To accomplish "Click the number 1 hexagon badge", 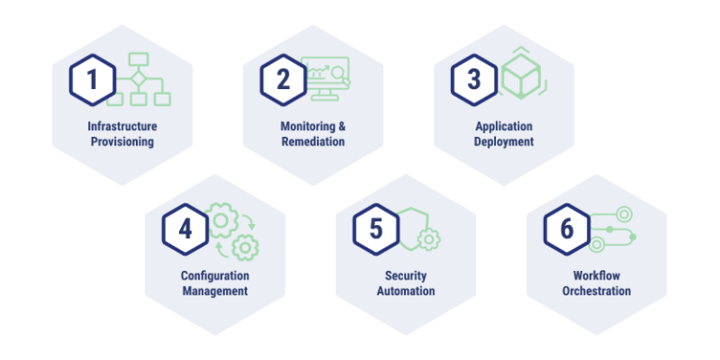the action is click(x=92, y=80).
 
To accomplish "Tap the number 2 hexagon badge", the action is click(x=282, y=80).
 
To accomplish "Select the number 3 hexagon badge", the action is click(x=473, y=80).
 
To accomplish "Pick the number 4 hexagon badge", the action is click(x=185, y=230).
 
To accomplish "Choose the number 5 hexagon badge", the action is click(x=376, y=230).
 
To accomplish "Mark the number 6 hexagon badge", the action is click(x=566, y=230).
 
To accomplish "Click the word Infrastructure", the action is click(x=122, y=127).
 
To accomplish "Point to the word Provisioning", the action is click(x=122, y=142).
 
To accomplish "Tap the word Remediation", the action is click(x=313, y=142).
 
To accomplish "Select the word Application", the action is click(x=503, y=127).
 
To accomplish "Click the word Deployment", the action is click(x=503, y=142).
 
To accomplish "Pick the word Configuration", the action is click(x=215, y=276).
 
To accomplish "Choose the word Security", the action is click(x=406, y=276).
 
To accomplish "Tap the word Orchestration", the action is click(x=596, y=292).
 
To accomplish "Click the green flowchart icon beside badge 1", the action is click(x=141, y=79).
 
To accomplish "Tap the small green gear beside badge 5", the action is click(x=429, y=239).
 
